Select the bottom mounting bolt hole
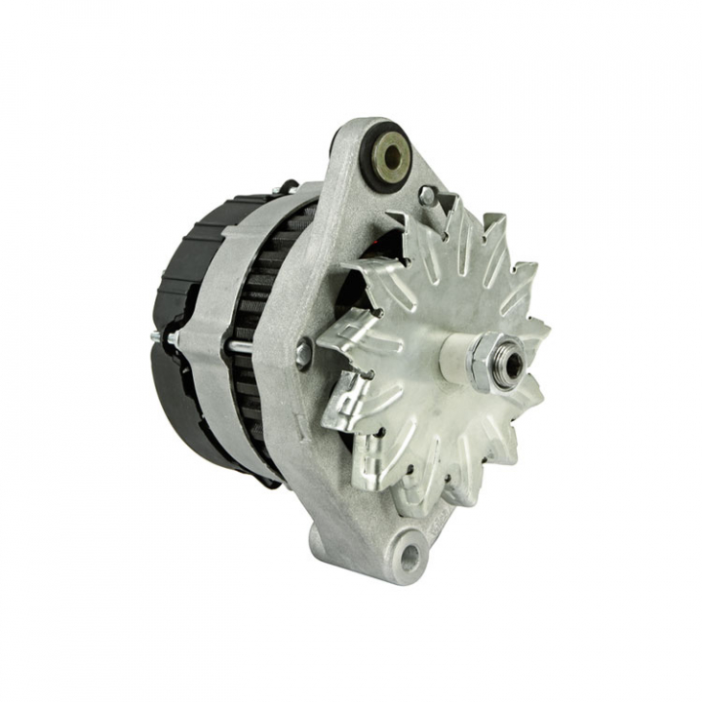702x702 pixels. pos(409,557)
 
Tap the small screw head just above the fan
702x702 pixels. pos(426,196)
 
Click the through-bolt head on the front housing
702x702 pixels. pos(304,353)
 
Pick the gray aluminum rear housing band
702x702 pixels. pos(210,322)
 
